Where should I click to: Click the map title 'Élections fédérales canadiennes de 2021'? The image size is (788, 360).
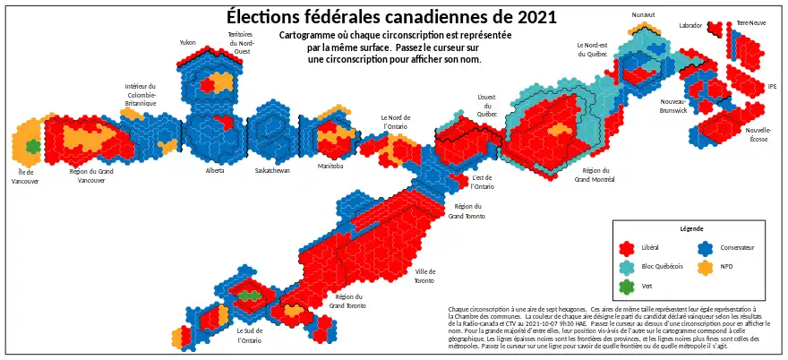pyautogui.click(x=391, y=17)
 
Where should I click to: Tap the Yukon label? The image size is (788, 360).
pyautogui.click(x=187, y=42)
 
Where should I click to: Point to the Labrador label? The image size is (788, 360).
pyautogui.click(x=690, y=26)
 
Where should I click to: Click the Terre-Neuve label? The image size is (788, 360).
pyautogui.click(x=750, y=23)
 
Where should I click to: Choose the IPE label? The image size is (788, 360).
pyautogui.click(x=773, y=87)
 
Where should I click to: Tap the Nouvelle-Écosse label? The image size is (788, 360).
pyautogui.click(x=758, y=134)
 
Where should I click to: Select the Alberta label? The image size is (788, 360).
pyautogui.click(x=215, y=170)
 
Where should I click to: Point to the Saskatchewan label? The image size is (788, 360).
pyautogui.click(x=272, y=170)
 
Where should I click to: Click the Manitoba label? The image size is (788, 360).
pyautogui.click(x=330, y=167)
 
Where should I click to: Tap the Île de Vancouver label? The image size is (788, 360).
pyautogui.click(x=25, y=176)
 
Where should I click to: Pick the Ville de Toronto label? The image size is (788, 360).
pyautogui.click(x=424, y=276)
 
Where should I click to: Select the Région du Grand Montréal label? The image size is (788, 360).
pyautogui.click(x=595, y=175)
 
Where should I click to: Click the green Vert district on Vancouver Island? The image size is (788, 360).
pyautogui.click(x=33, y=145)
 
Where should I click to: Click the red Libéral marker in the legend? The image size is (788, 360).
pyautogui.click(x=628, y=247)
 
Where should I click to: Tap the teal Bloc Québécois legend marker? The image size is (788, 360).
pyautogui.click(x=628, y=267)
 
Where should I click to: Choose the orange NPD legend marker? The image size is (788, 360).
pyautogui.click(x=705, y=267)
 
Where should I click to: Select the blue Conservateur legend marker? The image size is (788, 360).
pyautogui.click(x=705, y=247)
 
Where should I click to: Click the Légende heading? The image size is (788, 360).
pyautogui.click(x=691, y=229)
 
